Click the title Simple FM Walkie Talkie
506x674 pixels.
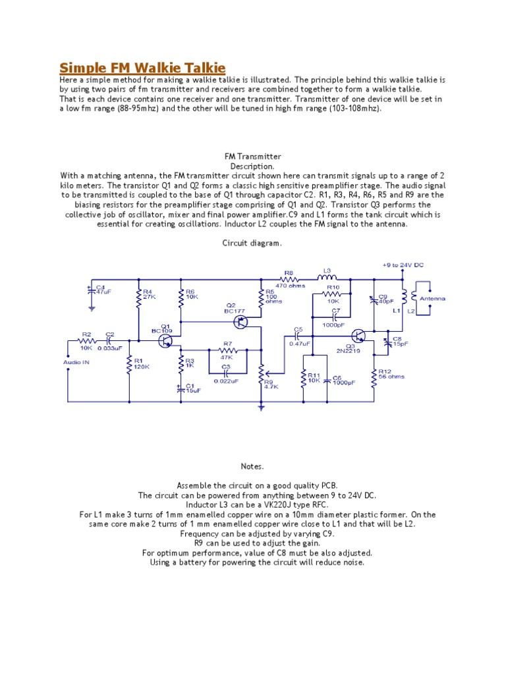[x=142, y=68]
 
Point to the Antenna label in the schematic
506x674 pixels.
[x=432, y=298]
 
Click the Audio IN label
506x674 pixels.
[x=76, y=362]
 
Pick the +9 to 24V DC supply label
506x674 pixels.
[x=403, y=265]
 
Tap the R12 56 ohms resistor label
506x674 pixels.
[x=391, y=374]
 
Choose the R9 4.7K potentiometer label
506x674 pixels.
[x=271, y=384]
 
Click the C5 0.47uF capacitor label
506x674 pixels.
[x=298, y=338]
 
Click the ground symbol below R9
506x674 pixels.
[x=261, y=408]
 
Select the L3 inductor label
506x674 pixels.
[x=327, y=270]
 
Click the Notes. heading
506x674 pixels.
[x=252, y=467]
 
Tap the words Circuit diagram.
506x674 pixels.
[x=252, y=243]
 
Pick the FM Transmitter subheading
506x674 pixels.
[x=252, y=157]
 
